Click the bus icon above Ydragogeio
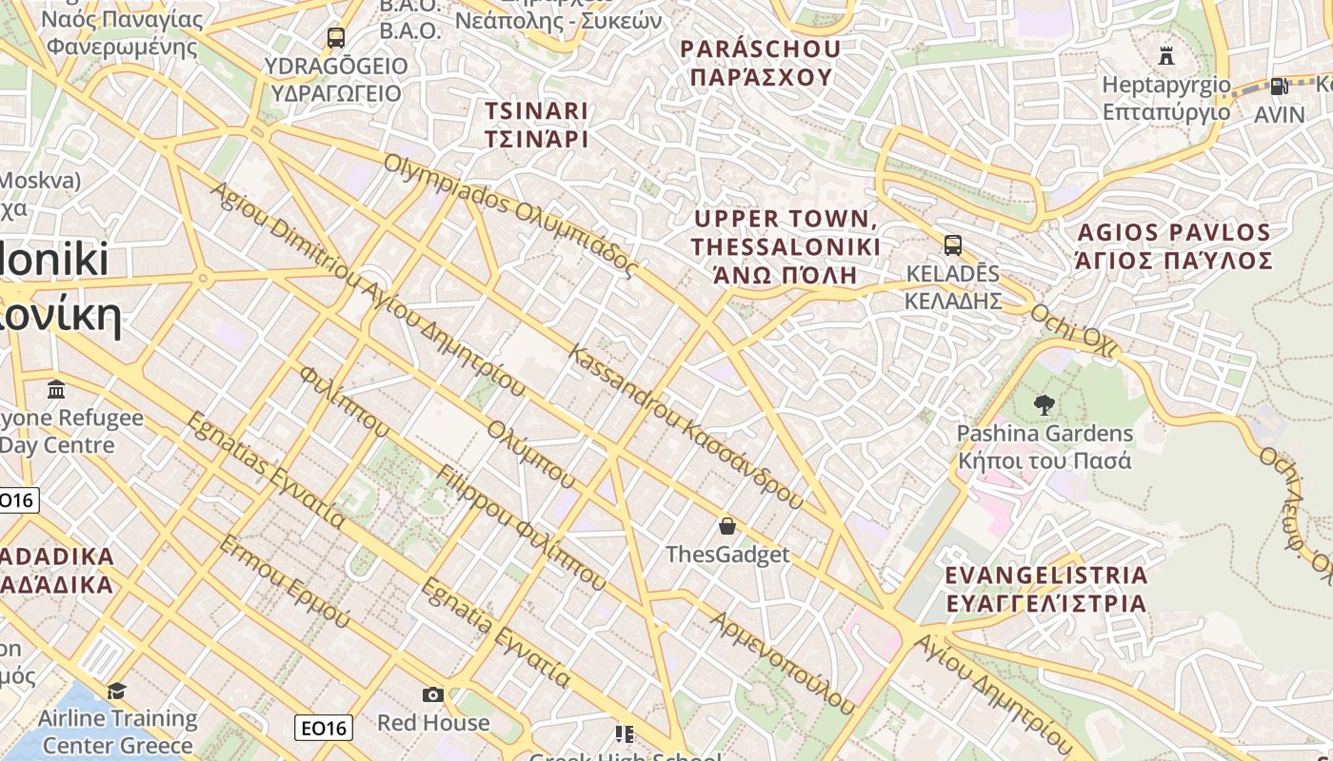335,38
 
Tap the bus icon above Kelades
952,244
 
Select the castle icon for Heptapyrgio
1166,55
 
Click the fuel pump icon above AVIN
1279,86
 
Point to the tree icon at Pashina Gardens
1045,404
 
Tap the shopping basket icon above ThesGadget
727,525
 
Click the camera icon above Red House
433,694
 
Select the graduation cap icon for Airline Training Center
117,690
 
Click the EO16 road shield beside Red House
324,729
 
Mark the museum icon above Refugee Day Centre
56,389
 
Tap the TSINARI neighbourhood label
536,125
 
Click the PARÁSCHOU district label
761,63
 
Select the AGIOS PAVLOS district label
1173,246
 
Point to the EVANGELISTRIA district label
1045,589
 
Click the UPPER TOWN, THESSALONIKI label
786,246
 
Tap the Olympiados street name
508,215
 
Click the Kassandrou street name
686,427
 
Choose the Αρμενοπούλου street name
783,662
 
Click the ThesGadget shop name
727,555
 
